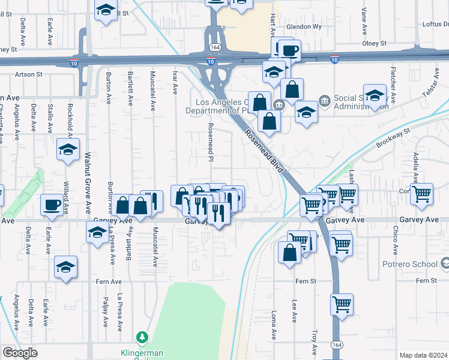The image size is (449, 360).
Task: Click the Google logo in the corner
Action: pyautogui.click(x=20, y=353)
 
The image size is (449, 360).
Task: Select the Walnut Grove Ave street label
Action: pyautogui.click(x=87, y=191)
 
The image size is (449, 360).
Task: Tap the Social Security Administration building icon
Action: pyautogui.click(x=324, y=99)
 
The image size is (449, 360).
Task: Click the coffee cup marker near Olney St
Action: pyautogui.click(x=289, y=50)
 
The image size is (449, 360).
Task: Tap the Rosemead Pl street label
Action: pyautogui.click(x=211, y=142)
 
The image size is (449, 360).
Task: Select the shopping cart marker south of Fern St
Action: pyautogui.click(x=342, y=304)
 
